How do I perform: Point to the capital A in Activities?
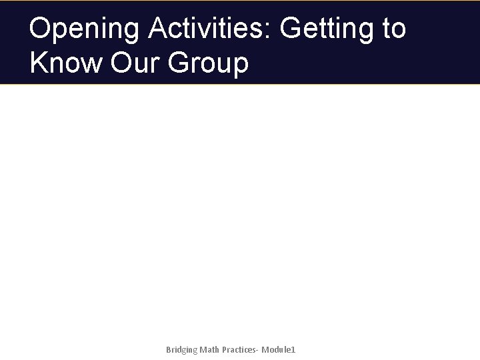point(158,29)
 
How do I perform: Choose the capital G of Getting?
point(292,29)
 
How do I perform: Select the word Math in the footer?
point(212,349)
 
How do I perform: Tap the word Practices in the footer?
point(242,349)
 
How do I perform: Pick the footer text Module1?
point(279,349)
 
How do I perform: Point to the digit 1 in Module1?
point(293,349)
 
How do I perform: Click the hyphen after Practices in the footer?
point(259,350)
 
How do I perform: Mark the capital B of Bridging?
point(168,349)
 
